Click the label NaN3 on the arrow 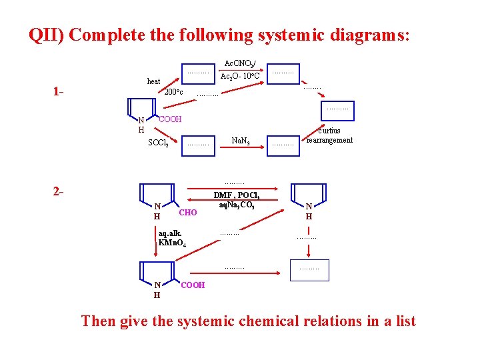(x=240, y=141)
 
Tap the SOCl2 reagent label (x=158, y=143)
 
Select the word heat (x=153, y=81)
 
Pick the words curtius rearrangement (x=329, y=135)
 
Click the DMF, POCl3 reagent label (x=237, y=195)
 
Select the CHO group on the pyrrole (x=189, y=213)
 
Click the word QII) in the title (x=47, y=35)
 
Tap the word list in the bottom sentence (x=403, y=321)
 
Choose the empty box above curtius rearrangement (x=337, y=107)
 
